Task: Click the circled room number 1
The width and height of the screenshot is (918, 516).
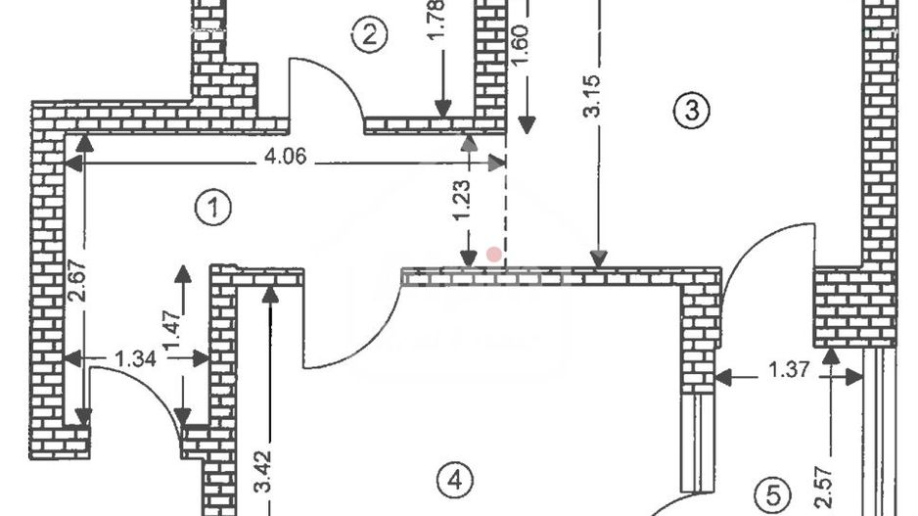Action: pos(212,209)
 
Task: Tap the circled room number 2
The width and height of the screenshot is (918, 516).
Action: pos(369,36)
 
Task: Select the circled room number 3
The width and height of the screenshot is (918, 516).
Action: pos(691,111)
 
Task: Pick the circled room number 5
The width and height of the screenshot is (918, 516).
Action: pos(774,493)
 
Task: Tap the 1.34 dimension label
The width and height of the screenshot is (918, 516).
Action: pos(136,358)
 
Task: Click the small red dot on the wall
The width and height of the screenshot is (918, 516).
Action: pos(494,255)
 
